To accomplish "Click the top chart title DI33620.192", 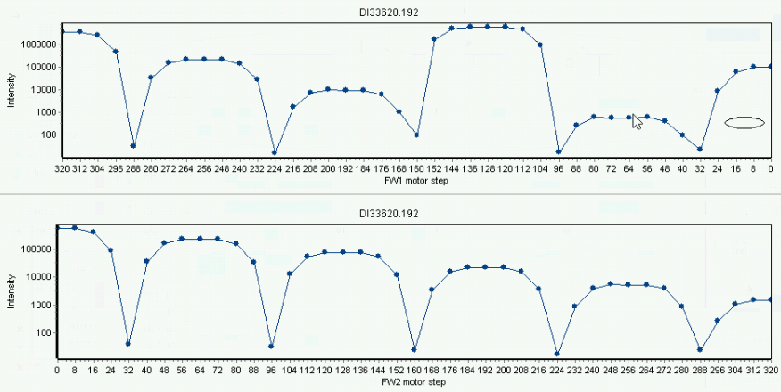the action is click(x=389, y=13).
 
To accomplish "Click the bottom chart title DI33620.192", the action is click(x=389, y=214).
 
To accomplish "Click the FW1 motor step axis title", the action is click(x=415, y=181).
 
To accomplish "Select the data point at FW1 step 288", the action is click(x=133, y=146).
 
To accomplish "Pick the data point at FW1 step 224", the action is click(x=275, y=152).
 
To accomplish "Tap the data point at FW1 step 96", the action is click(x=558, y=151).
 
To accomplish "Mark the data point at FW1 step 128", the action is click(x=487, y=27).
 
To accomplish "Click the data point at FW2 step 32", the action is click(x=128, y=344).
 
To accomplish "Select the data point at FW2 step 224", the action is click(x=556, y=355).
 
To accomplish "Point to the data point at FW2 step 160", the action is click(x=414, y=350).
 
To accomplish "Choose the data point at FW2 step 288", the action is click(x=700, y=350).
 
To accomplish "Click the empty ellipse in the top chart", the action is click(x=744, y=118).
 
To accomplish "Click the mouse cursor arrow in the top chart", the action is click(x=637, y=121).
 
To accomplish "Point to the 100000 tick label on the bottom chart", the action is click(x=40, y=249).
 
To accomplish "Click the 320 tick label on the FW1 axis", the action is click(x=62, y=168).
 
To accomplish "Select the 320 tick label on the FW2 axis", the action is click(x=771, y=370).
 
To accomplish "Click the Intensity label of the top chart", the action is click(x=11, y=91).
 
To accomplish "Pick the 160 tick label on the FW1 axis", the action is click(x=416, y=168).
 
